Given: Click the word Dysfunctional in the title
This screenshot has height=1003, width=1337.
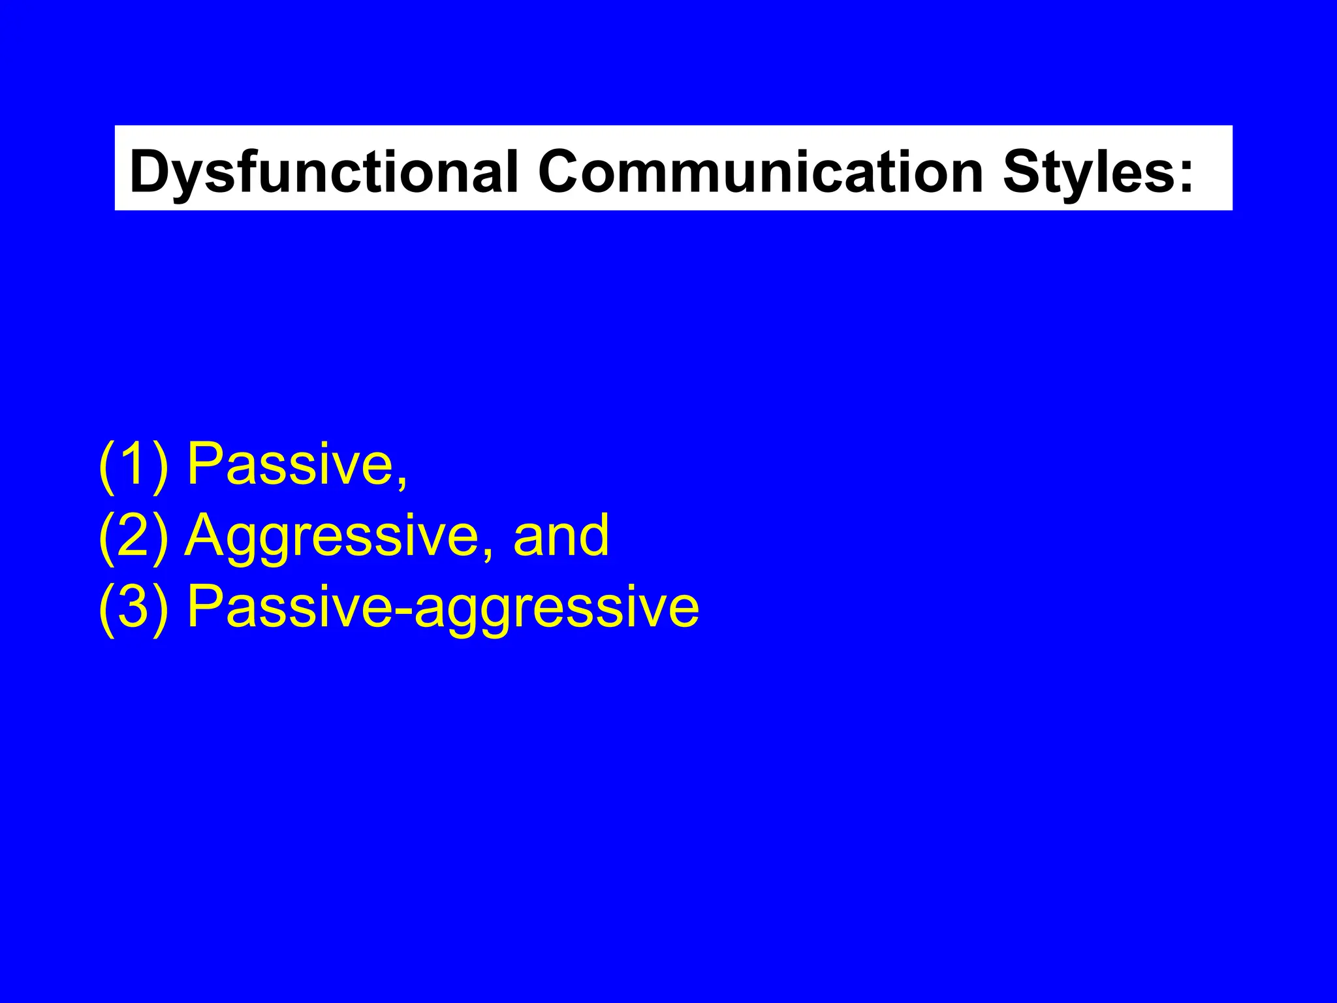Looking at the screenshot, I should point(324,171).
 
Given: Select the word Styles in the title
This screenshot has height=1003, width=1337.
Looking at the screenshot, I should point(1088,171).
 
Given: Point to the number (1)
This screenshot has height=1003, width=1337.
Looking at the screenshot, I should point(134,464).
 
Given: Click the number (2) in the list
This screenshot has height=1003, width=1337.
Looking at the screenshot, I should point(134,535).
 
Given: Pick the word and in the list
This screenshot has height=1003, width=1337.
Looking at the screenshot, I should point(561,535).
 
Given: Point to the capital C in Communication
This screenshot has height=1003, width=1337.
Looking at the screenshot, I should point(563,171).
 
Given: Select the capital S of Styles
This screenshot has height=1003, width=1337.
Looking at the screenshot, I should point(1024,171).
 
